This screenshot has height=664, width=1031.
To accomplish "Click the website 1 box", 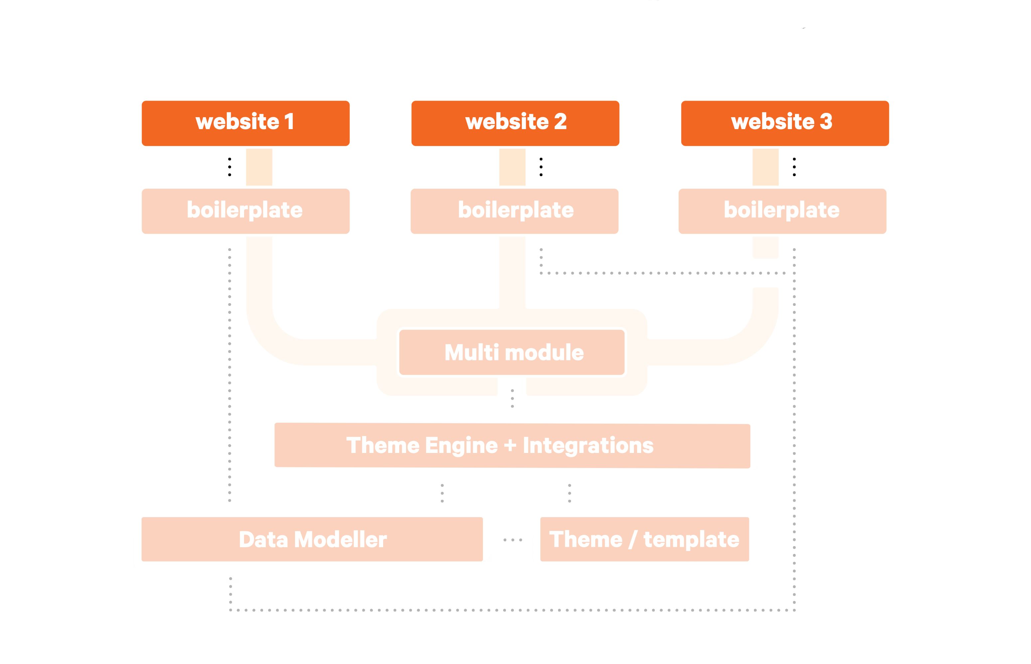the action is point(245,123).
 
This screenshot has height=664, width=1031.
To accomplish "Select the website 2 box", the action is point(515,123).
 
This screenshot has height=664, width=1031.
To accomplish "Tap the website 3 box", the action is point(785,123).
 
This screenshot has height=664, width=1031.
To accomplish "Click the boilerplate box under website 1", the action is point(245,211).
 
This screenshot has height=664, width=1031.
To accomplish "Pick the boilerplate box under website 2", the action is point(515,211).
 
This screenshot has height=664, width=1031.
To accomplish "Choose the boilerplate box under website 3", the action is point(783,211).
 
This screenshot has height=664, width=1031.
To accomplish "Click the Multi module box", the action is point(512,352).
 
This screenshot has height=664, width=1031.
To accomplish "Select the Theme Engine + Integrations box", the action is point(512,445).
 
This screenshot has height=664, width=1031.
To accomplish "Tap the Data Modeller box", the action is point(312,539).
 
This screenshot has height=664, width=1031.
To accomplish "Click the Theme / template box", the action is point(645,539).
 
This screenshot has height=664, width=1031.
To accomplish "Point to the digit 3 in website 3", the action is point(826,121).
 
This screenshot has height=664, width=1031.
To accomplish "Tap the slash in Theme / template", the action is point(633,540).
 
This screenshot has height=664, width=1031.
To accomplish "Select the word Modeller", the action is point(347,540).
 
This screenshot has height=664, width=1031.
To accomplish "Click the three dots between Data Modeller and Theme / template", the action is point(513,540).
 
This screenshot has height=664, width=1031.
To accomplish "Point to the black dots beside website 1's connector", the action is point(229,167).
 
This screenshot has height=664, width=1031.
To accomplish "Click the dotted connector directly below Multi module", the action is point(512,398).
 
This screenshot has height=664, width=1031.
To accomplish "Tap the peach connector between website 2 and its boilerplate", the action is point(512,167).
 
